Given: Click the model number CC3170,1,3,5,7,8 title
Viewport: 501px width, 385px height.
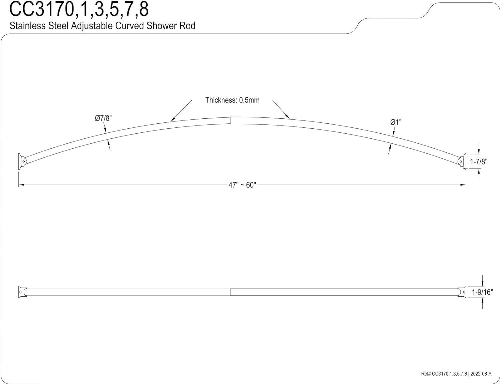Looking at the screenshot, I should point(79,9).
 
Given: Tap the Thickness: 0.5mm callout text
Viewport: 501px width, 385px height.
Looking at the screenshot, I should point(232,100).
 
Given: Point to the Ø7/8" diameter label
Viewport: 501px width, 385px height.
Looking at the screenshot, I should point(103,118).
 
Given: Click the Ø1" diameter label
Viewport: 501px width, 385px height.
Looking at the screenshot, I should point(396,122).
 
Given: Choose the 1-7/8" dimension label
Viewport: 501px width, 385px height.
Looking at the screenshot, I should point(479,162).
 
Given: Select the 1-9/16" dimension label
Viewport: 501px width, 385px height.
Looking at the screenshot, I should point(482,292).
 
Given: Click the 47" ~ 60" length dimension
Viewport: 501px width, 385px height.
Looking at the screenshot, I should point(242,185).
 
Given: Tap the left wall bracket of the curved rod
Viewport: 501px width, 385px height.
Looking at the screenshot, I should point(22,161).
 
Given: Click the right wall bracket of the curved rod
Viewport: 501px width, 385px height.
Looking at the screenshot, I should point(463,162).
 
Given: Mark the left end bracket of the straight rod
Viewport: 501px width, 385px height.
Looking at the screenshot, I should point(22,292).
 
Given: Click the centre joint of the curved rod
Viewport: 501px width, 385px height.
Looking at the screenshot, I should point(230,120).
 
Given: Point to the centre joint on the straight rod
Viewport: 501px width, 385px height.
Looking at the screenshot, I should point(230,292).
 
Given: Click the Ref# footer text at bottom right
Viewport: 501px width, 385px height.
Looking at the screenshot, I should point(456,374).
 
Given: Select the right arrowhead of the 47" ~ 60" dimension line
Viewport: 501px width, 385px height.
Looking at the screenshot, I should point(464,185).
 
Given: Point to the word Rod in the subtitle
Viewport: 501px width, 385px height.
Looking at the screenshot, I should point(187,26).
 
